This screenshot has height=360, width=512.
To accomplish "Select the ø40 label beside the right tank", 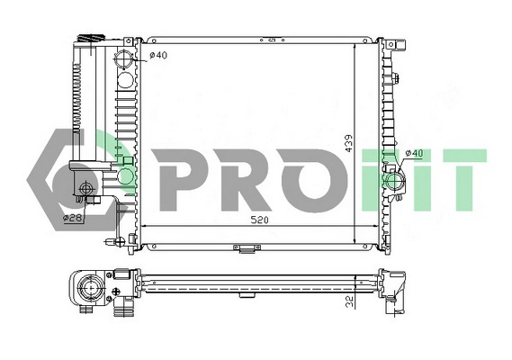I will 415,153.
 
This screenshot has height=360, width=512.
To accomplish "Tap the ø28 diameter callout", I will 72,218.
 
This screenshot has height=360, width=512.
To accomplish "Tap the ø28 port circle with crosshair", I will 87,189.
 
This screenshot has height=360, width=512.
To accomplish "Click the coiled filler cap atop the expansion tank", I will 88,39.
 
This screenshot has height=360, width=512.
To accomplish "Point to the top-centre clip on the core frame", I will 269,40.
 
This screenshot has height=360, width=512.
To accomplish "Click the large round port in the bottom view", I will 91,290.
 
